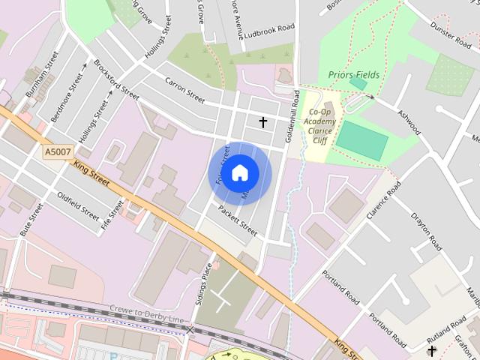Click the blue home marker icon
(x=239, y=173)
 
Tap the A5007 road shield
(x=57, y=152)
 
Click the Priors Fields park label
(x=354, y=75)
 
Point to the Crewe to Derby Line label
(x=146, y=314)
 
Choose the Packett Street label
(x=238, y=221)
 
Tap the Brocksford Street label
(x=117, y=85)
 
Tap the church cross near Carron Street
(x=263, y=121)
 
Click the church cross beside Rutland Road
(x=431, y=350)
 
